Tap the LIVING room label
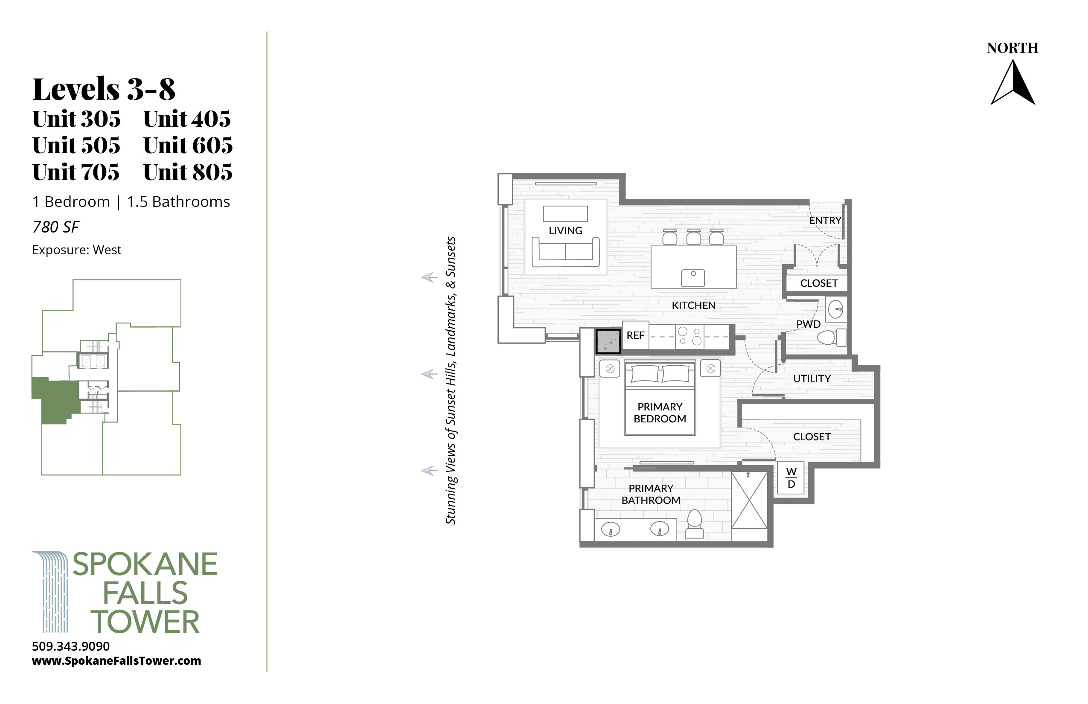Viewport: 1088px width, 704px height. pyautogui.click(x=565, y=231)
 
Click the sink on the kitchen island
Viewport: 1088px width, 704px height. pyautogui.click(x=693, y=278)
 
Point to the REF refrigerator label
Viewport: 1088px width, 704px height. pyautogui.click(x=635, y=335)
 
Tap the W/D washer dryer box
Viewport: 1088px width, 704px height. pyautogui.click(x=791, y=478)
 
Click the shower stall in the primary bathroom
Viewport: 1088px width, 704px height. pyautogui.click(x=749, y=500)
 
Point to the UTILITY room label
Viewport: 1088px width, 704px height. pyautogui.click(x=812, y=379)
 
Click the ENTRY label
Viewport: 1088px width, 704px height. pyautogui.click(x=825, y=220)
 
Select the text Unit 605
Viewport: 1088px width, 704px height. pyautogui.click(x=188, y=145)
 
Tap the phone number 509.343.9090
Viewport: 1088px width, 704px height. pyautogui.click(x=71, y=646)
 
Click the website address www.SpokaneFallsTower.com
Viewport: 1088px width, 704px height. pyautogui.click(x=116, y=661)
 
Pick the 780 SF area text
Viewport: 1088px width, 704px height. pyautogui.click(x=56, y=227)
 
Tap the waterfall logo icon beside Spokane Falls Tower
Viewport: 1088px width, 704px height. pyautogui.click(x=50, y=591)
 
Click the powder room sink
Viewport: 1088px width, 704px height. pyautogui.click(x=836, y=309)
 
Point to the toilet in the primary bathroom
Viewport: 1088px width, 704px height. pyautogui.click(x=695, y=524)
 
